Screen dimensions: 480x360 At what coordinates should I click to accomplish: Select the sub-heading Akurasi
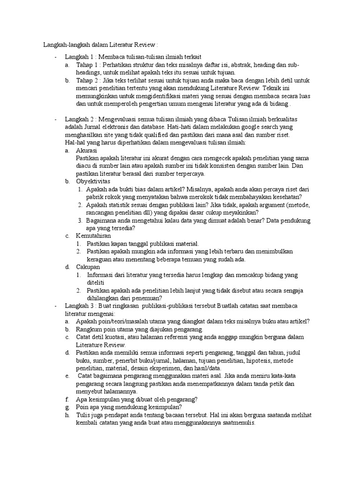pos(87,150)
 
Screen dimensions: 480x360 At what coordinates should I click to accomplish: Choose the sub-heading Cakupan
pos(88,267)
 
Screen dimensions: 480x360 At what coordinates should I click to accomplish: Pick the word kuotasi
pos(117,337)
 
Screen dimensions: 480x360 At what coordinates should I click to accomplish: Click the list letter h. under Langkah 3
pos(67,415)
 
